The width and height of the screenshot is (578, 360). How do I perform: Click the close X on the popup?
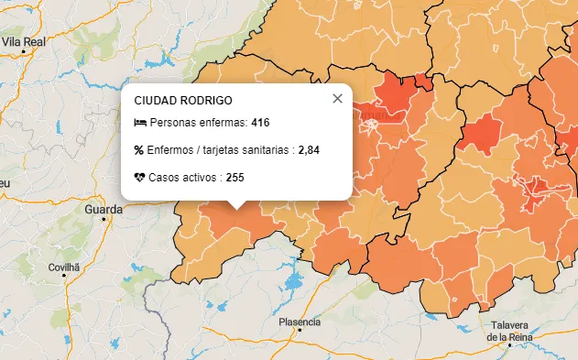click(337, 99)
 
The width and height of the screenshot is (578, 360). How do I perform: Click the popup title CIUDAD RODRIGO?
click(182, 100)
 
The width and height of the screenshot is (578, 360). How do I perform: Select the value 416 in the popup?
click(260, 123)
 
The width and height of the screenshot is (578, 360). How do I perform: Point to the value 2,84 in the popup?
click(309, 150)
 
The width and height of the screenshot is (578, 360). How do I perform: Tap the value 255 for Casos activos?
click(234, 178)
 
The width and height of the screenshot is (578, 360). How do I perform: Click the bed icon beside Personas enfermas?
click(139, 123)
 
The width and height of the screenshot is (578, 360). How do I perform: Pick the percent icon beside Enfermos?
click(139, 150)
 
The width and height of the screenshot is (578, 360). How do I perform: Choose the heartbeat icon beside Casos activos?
click(139, 178)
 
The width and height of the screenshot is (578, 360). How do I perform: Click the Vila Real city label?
click(24, 41)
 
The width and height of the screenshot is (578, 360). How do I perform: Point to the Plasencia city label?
click(300, 322)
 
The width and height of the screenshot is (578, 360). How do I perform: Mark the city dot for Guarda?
click(104, 220)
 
